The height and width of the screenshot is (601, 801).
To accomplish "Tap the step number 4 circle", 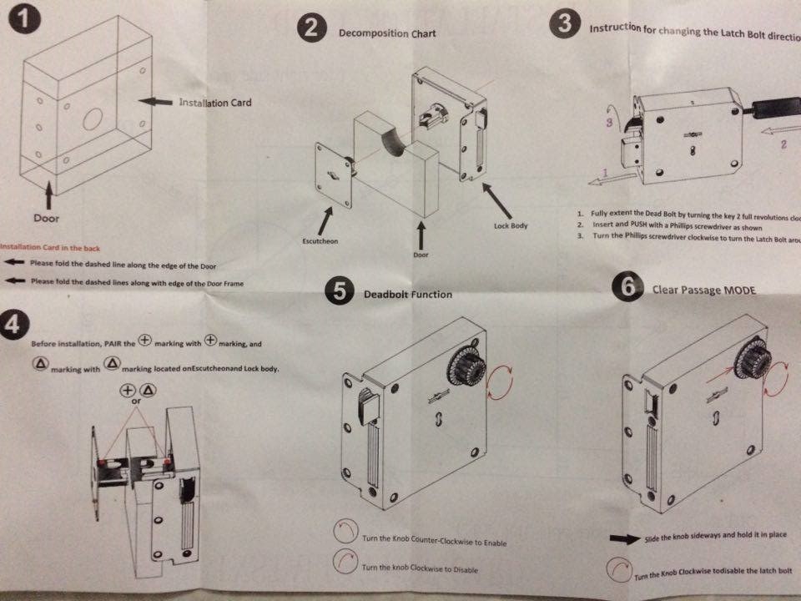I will pos(12,326).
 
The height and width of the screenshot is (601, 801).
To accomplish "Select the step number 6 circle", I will pos(627,287).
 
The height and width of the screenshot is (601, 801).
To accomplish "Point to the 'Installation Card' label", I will pos(215,103).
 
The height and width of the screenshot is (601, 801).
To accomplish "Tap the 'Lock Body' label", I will pos(511,225).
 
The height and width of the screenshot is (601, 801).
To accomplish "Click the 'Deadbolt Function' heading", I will pos(408,294).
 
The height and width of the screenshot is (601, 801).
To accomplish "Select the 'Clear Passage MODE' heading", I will pos(704,290).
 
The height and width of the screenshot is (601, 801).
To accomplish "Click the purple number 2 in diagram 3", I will pos(783,143).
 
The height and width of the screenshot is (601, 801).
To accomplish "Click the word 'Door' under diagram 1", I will pos(46,218).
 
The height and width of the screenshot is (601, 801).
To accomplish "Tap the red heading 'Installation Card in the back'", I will pos(50,246).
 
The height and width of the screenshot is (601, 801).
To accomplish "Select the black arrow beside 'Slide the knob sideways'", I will pos(627,539).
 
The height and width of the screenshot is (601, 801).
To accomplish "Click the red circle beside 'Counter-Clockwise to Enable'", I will pos(345,532).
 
